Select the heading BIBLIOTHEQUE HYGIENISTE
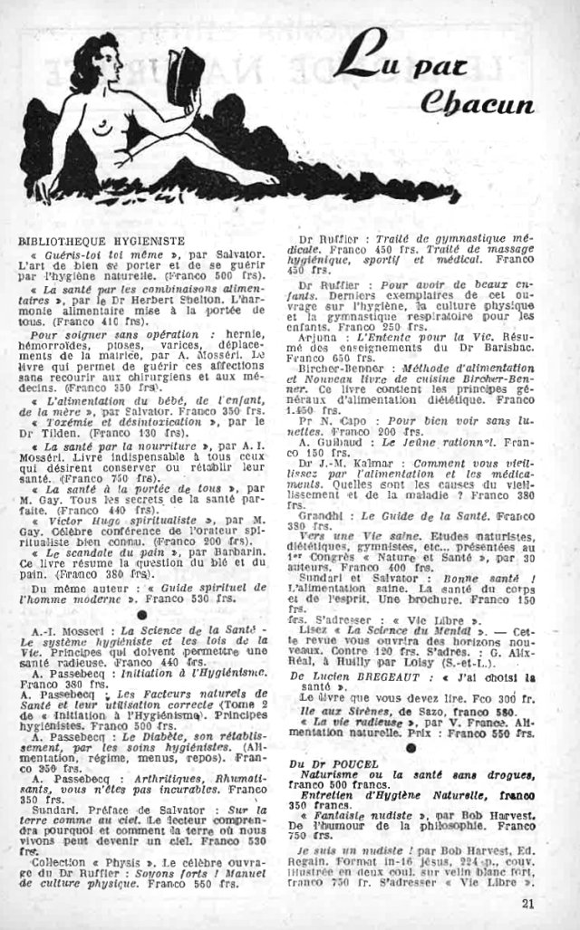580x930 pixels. tap(101, 242)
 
